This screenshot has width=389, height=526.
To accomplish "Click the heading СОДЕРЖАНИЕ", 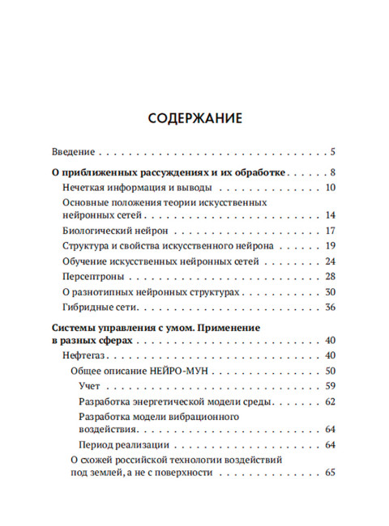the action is click(195, 118).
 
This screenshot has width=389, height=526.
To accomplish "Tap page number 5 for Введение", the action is click(332, 151).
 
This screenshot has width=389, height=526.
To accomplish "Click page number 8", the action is click(332, 172).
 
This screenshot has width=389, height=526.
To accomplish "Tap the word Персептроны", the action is click(92, 277).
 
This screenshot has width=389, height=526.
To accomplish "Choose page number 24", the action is click(330, 261).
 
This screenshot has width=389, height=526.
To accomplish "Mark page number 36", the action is click(330, 308).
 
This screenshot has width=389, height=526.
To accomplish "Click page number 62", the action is click(330, 401).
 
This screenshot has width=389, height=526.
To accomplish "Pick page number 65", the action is click(330, 473).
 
